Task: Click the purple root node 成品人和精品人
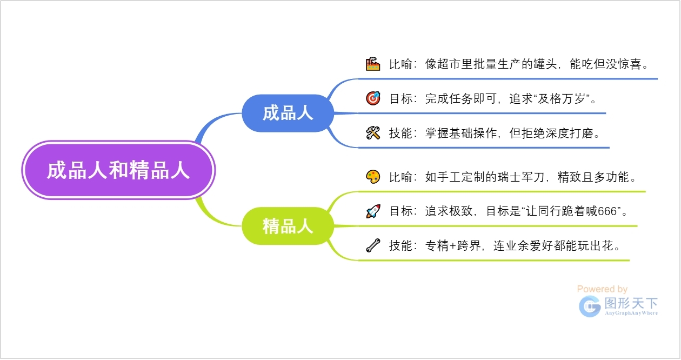(118, 170)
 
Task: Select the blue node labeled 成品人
(288, 113)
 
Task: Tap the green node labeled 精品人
(288, 226)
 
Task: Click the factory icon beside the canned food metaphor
(373, 64)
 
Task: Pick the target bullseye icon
(373, 98)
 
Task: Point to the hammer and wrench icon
(373, 133)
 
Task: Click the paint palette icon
(373, 177)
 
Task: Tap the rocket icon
(373, 211)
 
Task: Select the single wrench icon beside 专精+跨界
(373, 246)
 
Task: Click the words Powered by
(602, 289)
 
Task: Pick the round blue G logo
(590, 306)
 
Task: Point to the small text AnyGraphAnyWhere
(631, 313)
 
